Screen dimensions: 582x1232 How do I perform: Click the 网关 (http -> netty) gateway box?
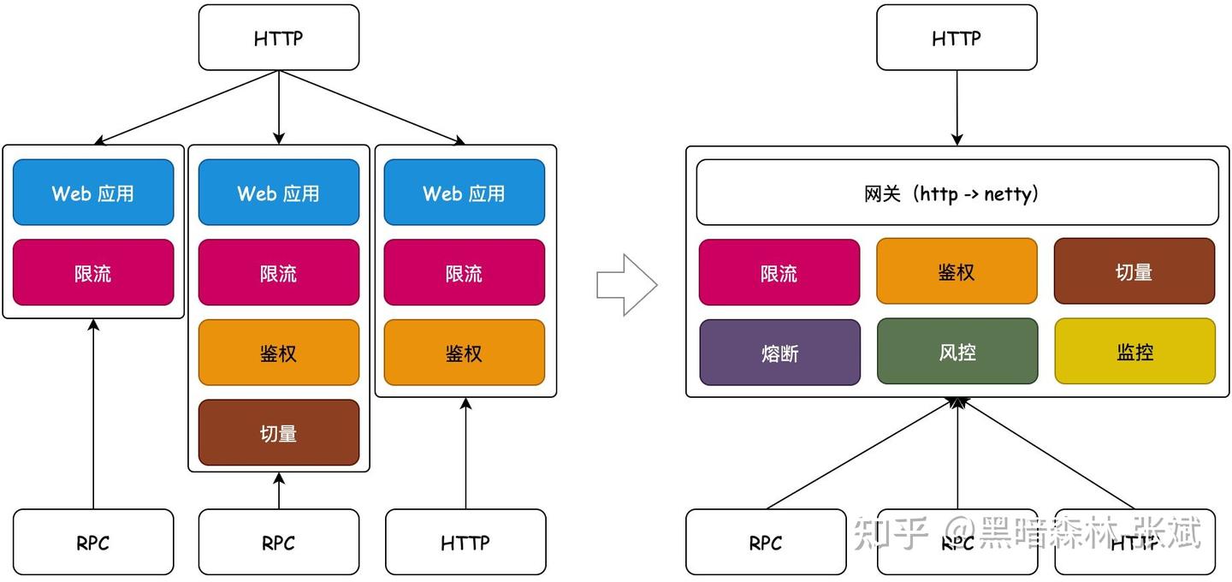click(x=957, y=193)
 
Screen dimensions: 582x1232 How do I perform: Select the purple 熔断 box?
click(x=779, y=352)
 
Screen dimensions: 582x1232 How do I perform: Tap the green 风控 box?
click(x=957, y=352)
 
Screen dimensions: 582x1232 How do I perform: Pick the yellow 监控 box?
click(x=1134, y=352)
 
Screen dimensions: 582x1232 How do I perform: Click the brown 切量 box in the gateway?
click(x=1134, y=272)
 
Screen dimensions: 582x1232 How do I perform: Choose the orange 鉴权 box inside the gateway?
click(x=957, y=272)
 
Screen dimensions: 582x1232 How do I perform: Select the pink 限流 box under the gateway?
click(x=779, y=272)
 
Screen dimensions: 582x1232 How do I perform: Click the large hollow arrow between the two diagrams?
click(x=626, y=285)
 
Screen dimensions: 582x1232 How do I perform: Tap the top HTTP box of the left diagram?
click(x=279, y=38)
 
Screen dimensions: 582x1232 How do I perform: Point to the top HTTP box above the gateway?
click(x=957, y=38)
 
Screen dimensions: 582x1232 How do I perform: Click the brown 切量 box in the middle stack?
click(x=279, y=432)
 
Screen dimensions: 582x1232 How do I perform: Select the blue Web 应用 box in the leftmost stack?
click(x=93, y=193)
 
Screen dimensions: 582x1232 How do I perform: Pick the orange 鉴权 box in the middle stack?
click(x=279, y=353)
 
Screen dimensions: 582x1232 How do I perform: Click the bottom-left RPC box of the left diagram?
click(x=93, y=542)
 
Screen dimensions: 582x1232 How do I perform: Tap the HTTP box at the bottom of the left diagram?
click(x=465, y=542)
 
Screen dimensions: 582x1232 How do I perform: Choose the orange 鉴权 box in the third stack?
click(x=464, y=353)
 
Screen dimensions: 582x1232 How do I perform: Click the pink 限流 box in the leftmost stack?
click(x=93, y=272)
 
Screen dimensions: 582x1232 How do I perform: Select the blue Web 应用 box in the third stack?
click(x=464, y=193)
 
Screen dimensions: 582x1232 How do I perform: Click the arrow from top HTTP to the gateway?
click(x=957, y=107)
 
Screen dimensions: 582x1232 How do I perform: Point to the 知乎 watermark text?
click(x=890, y=532)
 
